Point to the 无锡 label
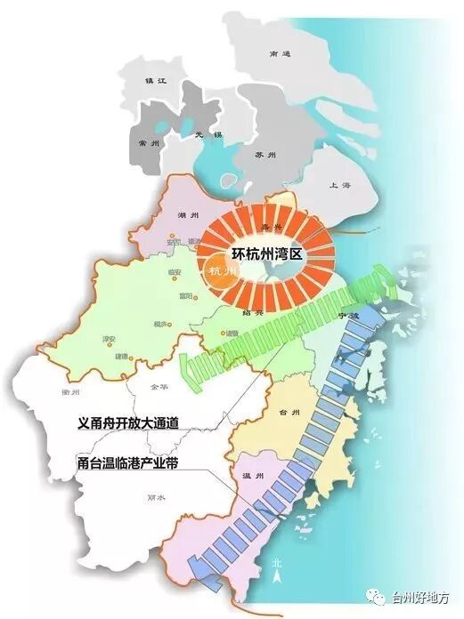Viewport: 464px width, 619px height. pyautogui.click(x=206, y=134)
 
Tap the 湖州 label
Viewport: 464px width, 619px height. pyautogui.click(x=187, y=215)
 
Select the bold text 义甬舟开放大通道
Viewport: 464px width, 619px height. pyautogui.click(x=129, y=423)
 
